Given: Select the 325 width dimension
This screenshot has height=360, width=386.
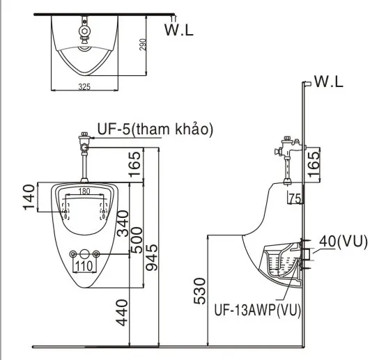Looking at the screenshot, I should (x=84, y=88).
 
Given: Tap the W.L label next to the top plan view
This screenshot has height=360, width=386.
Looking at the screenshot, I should (x=180, y=29).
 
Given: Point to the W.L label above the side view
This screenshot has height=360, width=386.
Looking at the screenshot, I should (x=329, y=82).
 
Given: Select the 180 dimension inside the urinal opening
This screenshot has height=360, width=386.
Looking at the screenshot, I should (x=84, y=191).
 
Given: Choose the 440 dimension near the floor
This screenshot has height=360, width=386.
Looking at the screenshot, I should (x=123, y=312).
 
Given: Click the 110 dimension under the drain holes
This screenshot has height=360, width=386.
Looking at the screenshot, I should (x=84, y=265).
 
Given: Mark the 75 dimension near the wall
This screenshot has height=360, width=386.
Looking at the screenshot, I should (x=294, y=198).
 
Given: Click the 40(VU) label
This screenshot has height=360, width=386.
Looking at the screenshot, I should (x=343, y=241).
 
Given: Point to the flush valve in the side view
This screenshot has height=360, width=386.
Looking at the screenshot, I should (x=288, y=149).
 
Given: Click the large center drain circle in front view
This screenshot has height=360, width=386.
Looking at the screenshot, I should (x=84, y=255).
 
